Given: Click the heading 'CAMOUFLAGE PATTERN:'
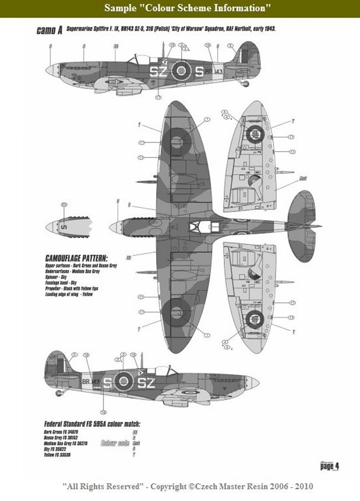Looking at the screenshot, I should coord(76,259).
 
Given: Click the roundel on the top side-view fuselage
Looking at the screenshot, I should coord(181,70).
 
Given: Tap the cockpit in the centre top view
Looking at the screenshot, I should coord(198,227).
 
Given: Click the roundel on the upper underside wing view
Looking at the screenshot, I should coord(255,134).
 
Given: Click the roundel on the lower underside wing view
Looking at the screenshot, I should coord(255,318).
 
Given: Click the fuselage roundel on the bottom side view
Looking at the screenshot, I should coord(124,381).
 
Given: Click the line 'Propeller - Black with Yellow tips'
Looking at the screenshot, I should coord(71,290).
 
